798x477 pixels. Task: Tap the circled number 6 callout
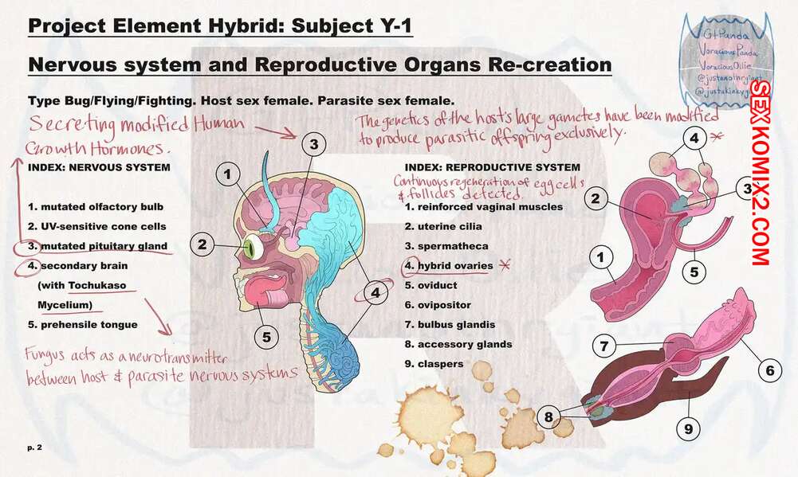770,369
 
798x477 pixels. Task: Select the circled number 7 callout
605,346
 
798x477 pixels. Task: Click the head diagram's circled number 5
265,336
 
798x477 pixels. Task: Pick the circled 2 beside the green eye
203,244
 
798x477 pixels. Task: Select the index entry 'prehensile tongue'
83,325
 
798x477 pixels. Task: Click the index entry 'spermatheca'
446,246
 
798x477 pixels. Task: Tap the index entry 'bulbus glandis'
450,325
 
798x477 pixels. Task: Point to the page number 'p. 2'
34,448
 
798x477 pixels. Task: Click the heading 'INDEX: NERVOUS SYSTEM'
99,168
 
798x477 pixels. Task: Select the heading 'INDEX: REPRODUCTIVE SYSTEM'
493,168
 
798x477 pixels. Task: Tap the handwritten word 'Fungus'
49,354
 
